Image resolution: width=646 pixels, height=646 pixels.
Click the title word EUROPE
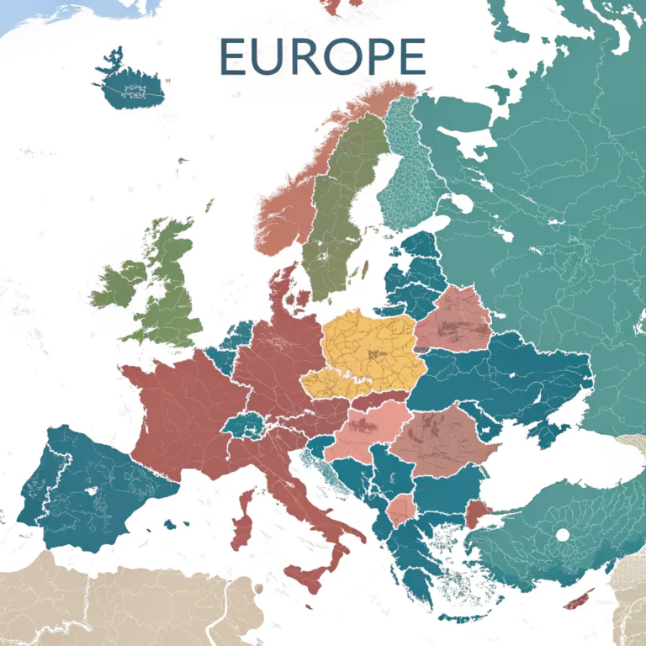pyautogui.click(x=322, y=56)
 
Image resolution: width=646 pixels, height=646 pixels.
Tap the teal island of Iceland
pyautogui.click(x=130, y=86)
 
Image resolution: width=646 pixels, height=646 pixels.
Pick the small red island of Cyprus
pyautogui.click(x=577, y=601)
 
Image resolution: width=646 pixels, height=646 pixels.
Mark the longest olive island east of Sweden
pyautogui.click(x=365, y=271)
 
